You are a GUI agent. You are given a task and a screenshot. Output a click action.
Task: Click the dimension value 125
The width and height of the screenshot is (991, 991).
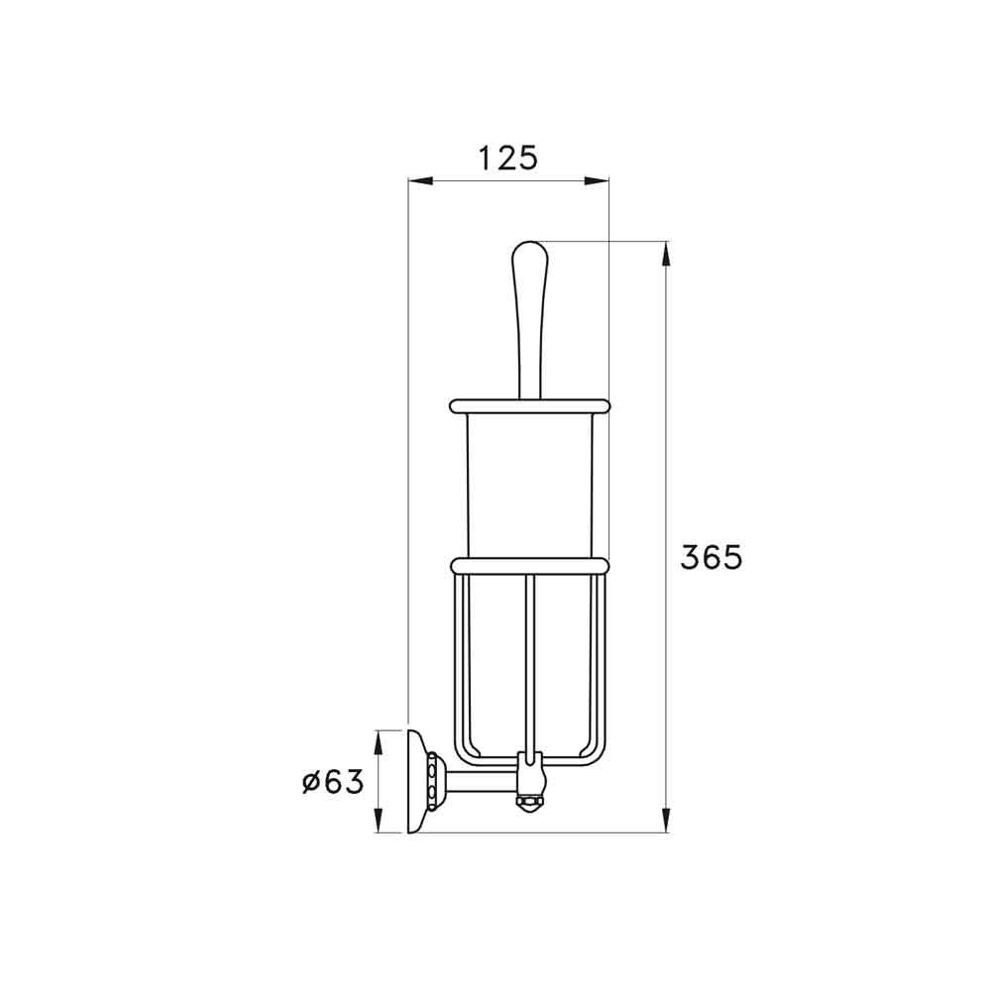(x=507, y=158)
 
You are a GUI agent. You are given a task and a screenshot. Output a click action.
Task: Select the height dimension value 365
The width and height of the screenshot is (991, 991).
(x=711, y=558)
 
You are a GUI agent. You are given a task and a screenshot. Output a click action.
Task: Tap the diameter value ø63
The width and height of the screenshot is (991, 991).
(x=333, y=782)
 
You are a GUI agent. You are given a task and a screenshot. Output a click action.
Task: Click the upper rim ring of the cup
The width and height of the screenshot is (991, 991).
(x=529, y=404)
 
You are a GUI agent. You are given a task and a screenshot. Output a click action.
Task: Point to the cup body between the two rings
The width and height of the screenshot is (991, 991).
(x=529, y=486)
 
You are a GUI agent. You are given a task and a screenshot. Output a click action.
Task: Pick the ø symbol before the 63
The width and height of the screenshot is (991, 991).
(x=309, y=783)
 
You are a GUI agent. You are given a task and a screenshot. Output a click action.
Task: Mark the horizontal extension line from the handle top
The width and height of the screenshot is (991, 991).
(x=605, y=241)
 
